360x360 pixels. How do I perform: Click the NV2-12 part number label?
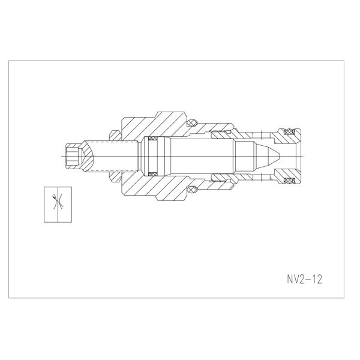[x=304, y=280]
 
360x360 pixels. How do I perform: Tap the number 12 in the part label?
[x=315, y=280]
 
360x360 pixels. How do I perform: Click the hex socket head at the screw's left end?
[x=72, y=157]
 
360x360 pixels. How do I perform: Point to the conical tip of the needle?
[x=270, y=157]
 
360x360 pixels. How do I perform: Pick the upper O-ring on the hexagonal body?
[x=191, y=124]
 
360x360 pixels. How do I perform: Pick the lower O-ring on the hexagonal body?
[x=191, y=190]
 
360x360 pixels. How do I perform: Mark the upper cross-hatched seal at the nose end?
[x=290, y=131]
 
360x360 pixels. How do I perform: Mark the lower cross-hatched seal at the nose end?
[x=290, y=182]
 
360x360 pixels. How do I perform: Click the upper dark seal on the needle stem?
[x=154, y=140]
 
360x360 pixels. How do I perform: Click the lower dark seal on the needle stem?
[x=154, y=174]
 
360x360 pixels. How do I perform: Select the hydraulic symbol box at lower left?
[x=58, y=204]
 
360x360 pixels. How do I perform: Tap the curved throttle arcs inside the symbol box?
[x=58, y=203]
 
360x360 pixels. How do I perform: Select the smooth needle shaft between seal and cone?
[x=198, y=157]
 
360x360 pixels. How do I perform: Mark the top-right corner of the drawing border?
[x=351, y=61]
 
